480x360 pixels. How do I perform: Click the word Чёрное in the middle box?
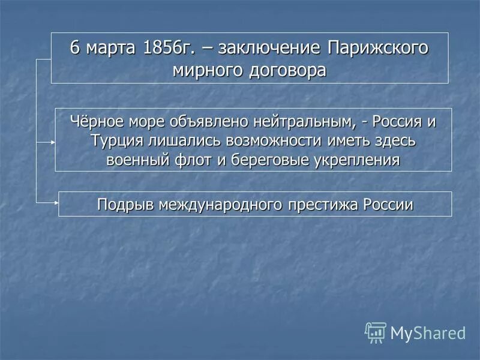98,122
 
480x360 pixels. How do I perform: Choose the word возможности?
269,140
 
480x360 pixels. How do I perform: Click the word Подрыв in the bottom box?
125,205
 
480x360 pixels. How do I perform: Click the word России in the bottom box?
388,205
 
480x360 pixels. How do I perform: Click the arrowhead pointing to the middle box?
53,142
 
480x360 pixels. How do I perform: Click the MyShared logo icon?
376,332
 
